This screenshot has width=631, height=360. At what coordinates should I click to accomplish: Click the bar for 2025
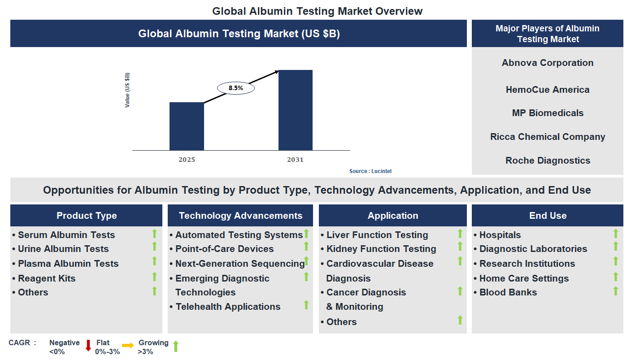point(187,126)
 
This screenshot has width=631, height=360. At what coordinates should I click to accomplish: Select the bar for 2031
point(295,110)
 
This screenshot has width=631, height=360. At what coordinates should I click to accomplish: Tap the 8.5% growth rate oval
point(236,88)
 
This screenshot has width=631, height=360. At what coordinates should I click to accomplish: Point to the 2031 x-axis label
point(295,160)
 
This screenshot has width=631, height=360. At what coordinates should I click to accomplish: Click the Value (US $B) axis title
point(127,90)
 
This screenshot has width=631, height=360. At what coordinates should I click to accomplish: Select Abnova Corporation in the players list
point(547,63)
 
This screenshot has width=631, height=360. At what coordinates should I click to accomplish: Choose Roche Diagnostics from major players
point(548,160)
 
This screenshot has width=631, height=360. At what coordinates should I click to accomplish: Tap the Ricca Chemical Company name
point(548,137)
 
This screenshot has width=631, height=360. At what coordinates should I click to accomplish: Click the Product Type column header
point(87,216)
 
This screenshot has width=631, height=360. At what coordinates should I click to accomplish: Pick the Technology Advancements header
point(240,216)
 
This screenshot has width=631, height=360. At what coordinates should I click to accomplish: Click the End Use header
point(548,216)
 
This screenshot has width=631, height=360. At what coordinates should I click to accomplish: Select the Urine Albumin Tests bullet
point(63,249)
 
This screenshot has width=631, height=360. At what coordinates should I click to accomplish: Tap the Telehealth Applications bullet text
point(228,307)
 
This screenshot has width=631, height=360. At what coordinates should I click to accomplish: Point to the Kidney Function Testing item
point(381,249)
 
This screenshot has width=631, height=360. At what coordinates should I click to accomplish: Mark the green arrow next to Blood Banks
point(616,291)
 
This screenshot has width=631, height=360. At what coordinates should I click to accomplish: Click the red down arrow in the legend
point(88,345)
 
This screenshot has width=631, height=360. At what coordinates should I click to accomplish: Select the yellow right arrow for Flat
point(128,345)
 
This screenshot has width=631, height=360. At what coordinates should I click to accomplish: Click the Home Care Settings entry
point(524,278)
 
